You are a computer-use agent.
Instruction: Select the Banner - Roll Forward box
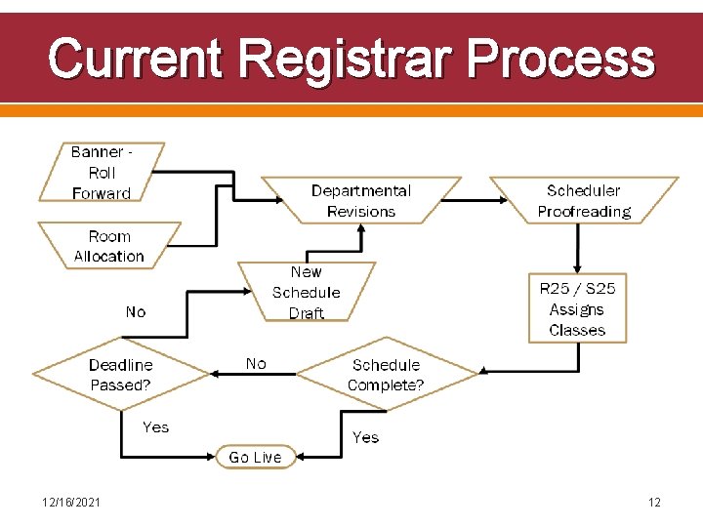pos(102,173)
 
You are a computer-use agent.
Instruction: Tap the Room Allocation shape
pos(109,246)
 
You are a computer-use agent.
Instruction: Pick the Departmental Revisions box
pos(361,201)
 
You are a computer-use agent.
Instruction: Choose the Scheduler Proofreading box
pos(584,201)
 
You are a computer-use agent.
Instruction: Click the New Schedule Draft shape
pos(307,292)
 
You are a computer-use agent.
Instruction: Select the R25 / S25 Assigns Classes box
pos(577,308)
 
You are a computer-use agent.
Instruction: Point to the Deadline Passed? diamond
pos(121,375)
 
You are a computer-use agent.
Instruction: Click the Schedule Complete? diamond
pos(386,375)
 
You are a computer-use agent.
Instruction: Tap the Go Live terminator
pos(255,457)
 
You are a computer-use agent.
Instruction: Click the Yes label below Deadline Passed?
pos(156,426)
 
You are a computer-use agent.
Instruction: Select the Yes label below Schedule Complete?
pos(366,437)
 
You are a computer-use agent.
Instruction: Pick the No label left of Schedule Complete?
pos(256,363)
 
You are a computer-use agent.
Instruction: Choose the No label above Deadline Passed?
pos(136,311)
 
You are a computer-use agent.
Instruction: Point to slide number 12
pos(654,503)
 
